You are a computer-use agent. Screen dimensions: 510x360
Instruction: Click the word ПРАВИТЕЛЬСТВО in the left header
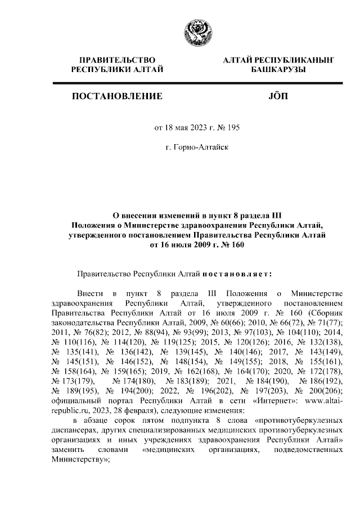(x=117, y=59)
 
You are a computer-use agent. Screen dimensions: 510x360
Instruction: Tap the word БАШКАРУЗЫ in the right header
(x=278, y=69)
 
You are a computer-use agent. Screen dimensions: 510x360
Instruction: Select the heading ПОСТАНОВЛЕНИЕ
(x=117, y=97)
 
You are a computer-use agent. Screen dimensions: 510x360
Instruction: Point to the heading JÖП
(x=278, y=97)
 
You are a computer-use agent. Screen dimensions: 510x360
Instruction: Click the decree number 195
(x=233, y=128)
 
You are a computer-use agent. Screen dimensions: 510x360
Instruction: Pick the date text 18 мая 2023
(x=186, y=128)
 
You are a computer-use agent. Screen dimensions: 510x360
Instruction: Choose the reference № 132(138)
(x=318, y=343)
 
